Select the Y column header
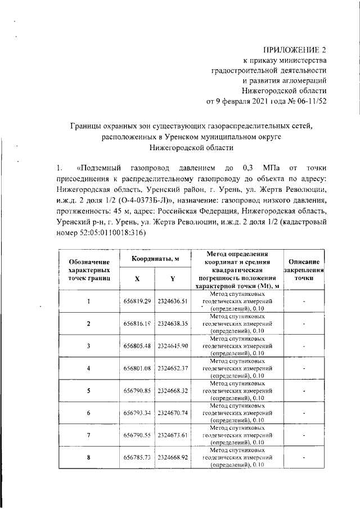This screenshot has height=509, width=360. pyautogui.click(x=172, y=278)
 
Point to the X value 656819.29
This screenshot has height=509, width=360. pyautogui.click(x=138, y=301)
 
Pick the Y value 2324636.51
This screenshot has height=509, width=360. pyautogui.click(x=172, y=301)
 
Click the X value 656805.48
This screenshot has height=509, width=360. pyautogui.click(x=138, y=345)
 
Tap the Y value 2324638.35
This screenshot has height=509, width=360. pyautogui.click(x=172, y=323)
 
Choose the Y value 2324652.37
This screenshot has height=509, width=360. pyautogui.click(x=172, y=368)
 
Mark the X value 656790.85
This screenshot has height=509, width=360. pyautogui.click(x=138, y=390)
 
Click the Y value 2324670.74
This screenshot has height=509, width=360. pyautogui.click(x=172, y=413)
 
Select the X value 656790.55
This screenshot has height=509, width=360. pyautogui.click(x=138, y=435)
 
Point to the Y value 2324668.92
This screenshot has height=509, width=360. pyautogui.click(x=172, y=458)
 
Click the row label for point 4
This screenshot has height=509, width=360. pyautogui.click(x=88, y=368)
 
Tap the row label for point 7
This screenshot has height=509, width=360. pyautogui.click(x=88, y=435)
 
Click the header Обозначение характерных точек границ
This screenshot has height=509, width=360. pyautogui.click(x=88, y=270)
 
